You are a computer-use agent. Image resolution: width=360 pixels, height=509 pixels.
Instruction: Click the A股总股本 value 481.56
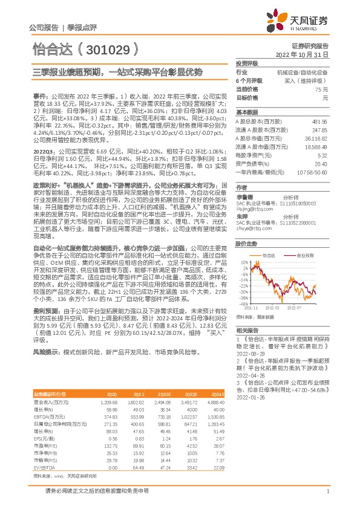(320, 122)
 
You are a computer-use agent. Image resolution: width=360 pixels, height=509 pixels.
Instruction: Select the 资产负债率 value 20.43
(321, 163)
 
